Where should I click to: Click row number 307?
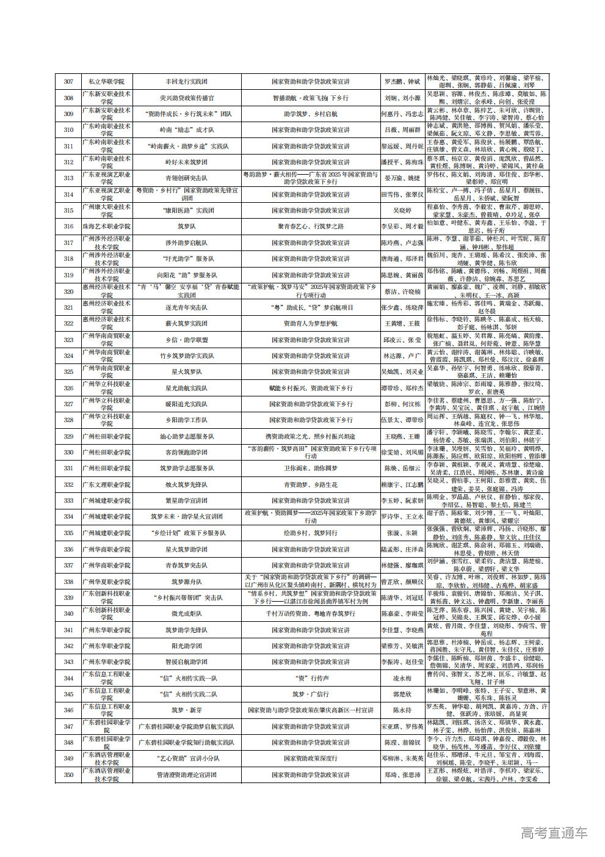(68, 81)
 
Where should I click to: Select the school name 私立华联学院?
(106, 81)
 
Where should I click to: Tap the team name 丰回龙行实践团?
(186, 81)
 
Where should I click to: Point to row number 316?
(68, 227)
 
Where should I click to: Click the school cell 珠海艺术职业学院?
(106, 227)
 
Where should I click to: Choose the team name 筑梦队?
(186, 227)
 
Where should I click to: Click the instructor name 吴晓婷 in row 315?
(402, 210)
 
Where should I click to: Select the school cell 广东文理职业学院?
(106, 484)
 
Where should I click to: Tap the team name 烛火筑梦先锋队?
(186, 484)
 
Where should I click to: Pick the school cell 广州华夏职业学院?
(106, 582)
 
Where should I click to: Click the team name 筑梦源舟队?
(186, 582)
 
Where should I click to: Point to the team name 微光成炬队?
(186, 614)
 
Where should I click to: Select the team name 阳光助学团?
(186, 646)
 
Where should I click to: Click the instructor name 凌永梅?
(402, 678)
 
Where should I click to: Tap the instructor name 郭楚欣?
(402, 694)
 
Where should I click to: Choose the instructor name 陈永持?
(402, 710)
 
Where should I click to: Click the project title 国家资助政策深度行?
(311, 759)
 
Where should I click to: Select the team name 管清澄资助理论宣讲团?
(186, 775)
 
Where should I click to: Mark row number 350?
(68, 775)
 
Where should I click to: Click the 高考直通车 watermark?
(554, 832)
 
